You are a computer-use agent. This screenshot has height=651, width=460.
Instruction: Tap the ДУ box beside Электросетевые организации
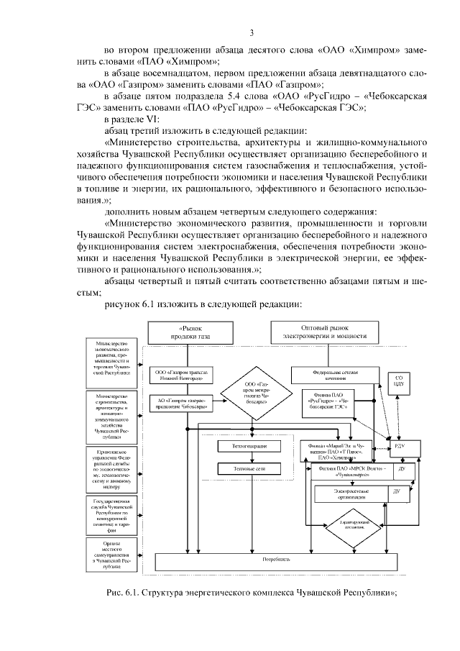[x=395, y=491]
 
